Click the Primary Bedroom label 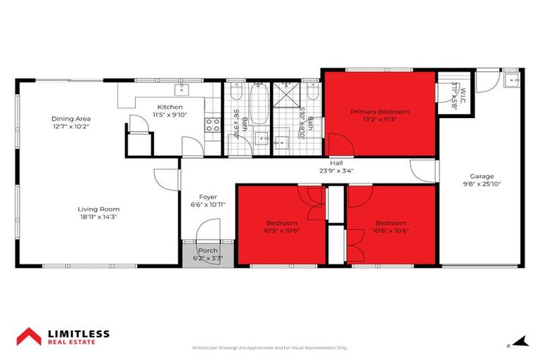point(380,111)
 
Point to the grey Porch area point(207,253)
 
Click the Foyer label point(208,197)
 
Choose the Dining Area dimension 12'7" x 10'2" point(71,127)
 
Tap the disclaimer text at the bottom point(270,347)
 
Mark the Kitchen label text point(169,107)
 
